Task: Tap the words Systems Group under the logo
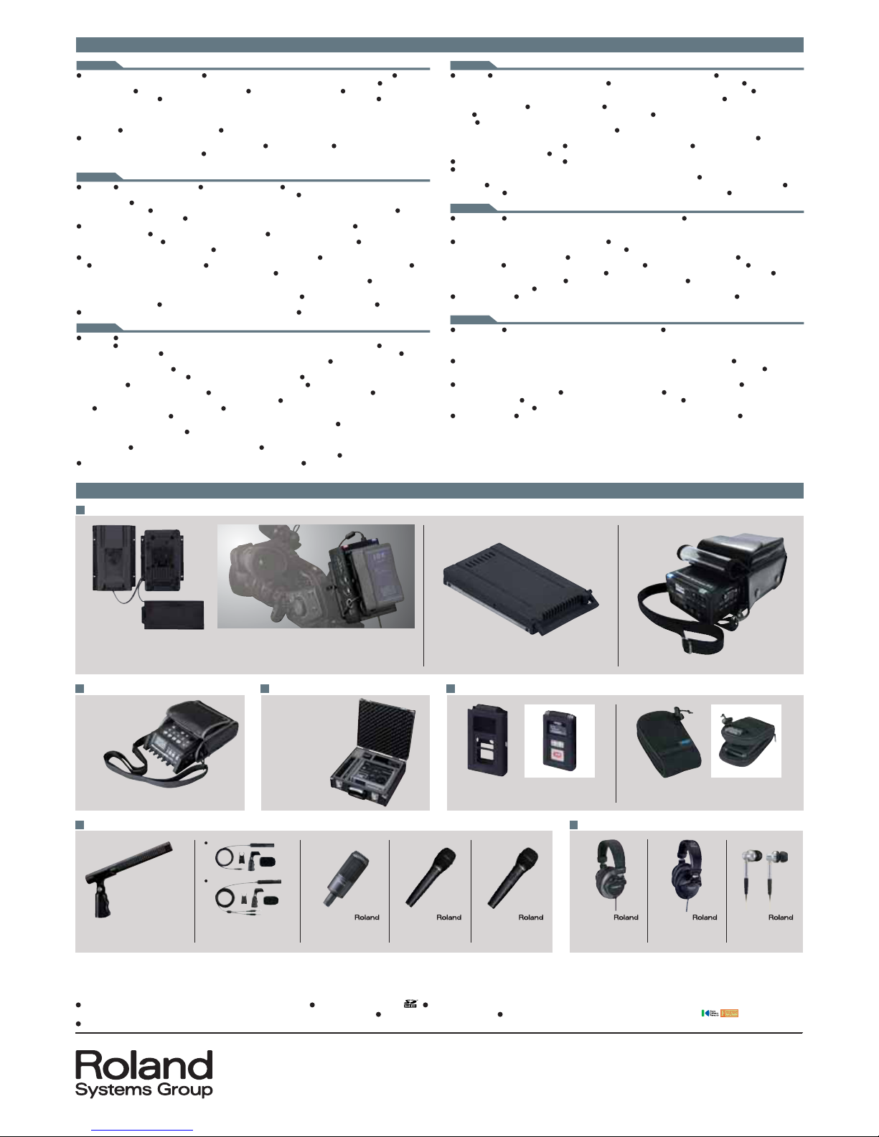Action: pyautogui.click(x=144, y=1090)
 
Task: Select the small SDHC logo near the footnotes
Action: pyautogui.click(x=410, y=1004)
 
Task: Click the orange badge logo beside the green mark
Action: pyautogui.click(x=729, y=1013)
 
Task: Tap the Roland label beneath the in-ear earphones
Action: pyautogui.click(x=780, y=917)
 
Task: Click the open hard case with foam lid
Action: pyautogui.click(x=372, y=752)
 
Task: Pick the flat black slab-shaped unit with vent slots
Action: pyautogui.click(x=521, y=588)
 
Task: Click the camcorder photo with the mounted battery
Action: pyautogui.click(x=316, y=576)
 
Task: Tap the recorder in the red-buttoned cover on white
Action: pyautogui.click(x=559, y=740)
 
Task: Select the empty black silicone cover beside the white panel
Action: pyautogui.click(x=487, y=740)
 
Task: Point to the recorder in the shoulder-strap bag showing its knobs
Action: pyautogui.click(x=171, y=743)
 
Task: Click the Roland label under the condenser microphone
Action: pyautogui.click(x=366, y=917)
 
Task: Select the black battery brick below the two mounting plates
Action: pyautogui.click(x=173, y=615)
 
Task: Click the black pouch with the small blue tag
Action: pyautogui.click(x=668, y=743)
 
